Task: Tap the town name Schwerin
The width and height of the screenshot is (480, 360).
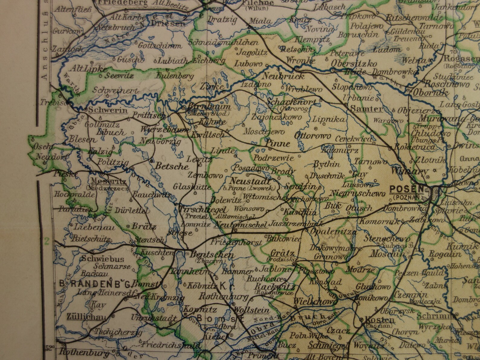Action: tap(108, 110)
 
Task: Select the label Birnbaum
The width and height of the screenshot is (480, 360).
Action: tap(209, 107)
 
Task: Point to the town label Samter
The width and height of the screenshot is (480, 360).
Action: tap(366, 109)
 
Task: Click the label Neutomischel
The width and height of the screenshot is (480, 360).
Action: tap(240, 225)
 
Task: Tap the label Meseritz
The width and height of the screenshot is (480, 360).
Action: tap(104, 182)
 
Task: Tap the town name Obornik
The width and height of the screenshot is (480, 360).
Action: tap(431, 93)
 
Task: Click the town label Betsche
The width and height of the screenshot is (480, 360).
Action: tap(172, 166)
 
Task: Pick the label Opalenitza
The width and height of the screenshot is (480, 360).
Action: tap(331, 232)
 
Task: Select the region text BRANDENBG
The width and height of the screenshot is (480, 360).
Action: tap(95, 284)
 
